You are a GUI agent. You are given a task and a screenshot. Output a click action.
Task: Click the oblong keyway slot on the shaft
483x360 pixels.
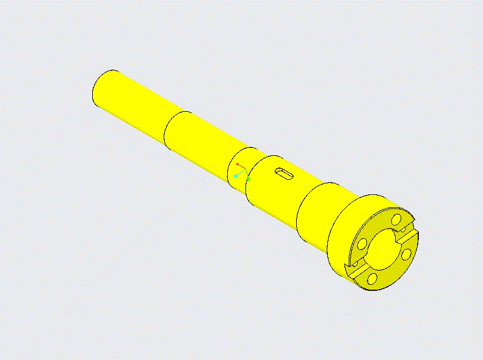click(x=285, y=174)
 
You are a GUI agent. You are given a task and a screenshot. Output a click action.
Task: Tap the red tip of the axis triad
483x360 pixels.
click(x=238, y=164)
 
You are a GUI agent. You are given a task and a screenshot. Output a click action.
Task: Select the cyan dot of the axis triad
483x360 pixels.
click(x=236, y=176)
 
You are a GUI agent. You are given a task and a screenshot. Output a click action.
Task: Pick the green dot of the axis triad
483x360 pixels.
click(x=249, y=179)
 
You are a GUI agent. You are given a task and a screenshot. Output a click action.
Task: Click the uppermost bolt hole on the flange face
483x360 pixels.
click(x=396, y=218)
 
